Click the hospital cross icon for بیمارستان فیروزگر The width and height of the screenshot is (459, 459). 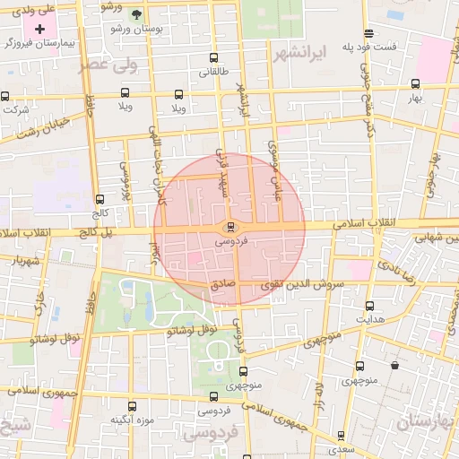pyautogui.click(x=40, y=30)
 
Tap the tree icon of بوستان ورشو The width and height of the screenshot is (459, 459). pyautogui.click(x=136, y=15)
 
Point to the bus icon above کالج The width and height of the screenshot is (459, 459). pyautogui.click(x=100, y=200)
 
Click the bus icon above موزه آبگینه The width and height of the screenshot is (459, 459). pyautogui.click(x=133, y=406)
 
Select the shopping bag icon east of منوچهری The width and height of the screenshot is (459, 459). pyautogui.click(x=395, y=365)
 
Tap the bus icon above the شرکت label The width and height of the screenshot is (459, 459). pyautogui.click(x=5, y=96)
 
